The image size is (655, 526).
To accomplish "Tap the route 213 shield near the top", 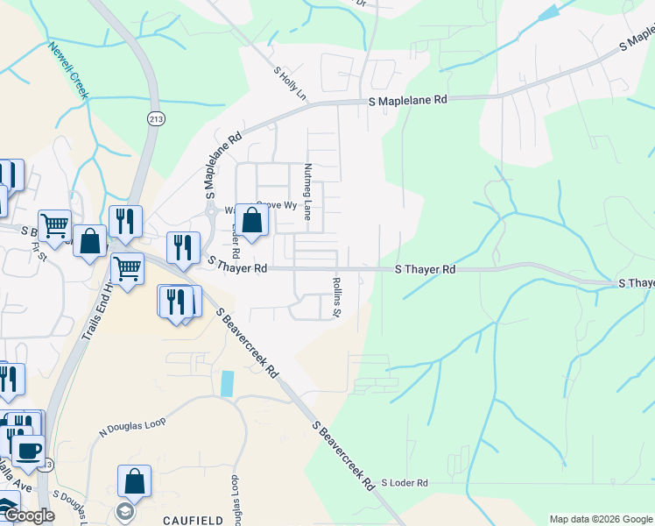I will (x=156, y=118).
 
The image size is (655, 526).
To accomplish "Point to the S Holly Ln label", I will (x=291, y=84).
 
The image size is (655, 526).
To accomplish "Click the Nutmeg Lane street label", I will (x=307, y=190).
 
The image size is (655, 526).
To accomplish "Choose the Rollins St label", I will (x=335, y=297).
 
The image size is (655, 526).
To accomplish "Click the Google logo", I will (x=28, y=516).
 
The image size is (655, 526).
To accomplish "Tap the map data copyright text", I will (x=601, y=519).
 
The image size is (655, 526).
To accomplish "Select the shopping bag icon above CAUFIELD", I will (x=134, y=480).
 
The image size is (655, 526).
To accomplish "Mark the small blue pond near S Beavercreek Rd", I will (x=228, y=383).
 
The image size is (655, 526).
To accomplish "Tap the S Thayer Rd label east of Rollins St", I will (x=426, y=270).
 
